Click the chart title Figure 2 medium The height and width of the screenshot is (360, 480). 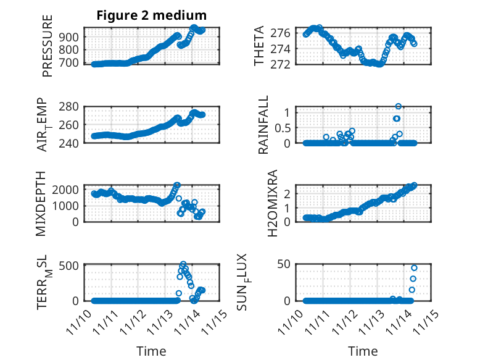tap(151, 15)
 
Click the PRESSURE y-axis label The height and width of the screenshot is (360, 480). tap(48, 46)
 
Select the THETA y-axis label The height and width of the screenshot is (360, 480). tap(260, 46)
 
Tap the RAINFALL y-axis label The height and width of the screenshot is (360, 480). tap(263, 125)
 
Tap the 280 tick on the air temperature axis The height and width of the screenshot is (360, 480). tap(71, 107)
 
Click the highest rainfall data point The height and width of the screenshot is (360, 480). tap(399, 107)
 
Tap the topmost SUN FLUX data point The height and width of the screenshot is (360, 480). tap(414, 268)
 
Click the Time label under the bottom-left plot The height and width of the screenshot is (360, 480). tap(151, 351)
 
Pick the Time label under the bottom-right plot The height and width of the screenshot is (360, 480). tap(363, 351)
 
